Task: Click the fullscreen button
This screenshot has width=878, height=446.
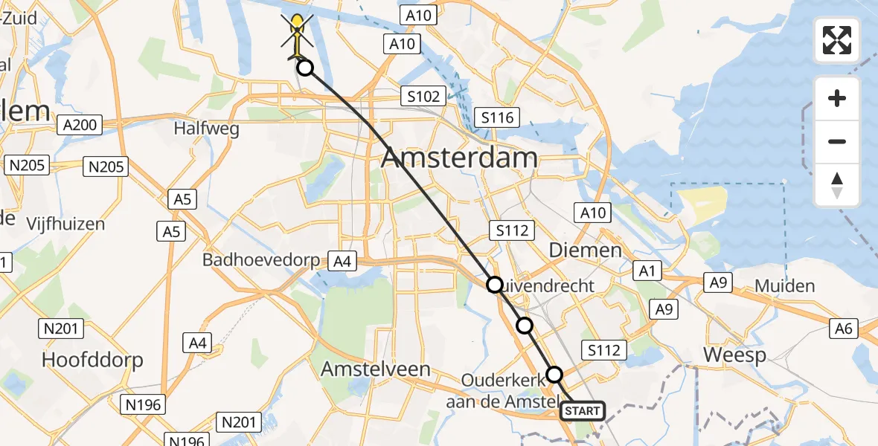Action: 837,40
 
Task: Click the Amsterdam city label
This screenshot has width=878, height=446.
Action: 459,158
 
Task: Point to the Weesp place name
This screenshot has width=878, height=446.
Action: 734,355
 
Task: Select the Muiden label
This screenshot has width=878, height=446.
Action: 784,286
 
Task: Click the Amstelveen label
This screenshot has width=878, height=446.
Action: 375,369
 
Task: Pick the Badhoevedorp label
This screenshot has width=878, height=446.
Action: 260,261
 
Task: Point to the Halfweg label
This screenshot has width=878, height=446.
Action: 206,129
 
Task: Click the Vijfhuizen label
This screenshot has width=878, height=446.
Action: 65,223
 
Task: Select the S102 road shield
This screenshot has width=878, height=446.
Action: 423,96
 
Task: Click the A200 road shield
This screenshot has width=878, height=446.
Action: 80,125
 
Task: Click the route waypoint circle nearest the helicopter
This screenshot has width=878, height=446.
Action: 305,68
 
